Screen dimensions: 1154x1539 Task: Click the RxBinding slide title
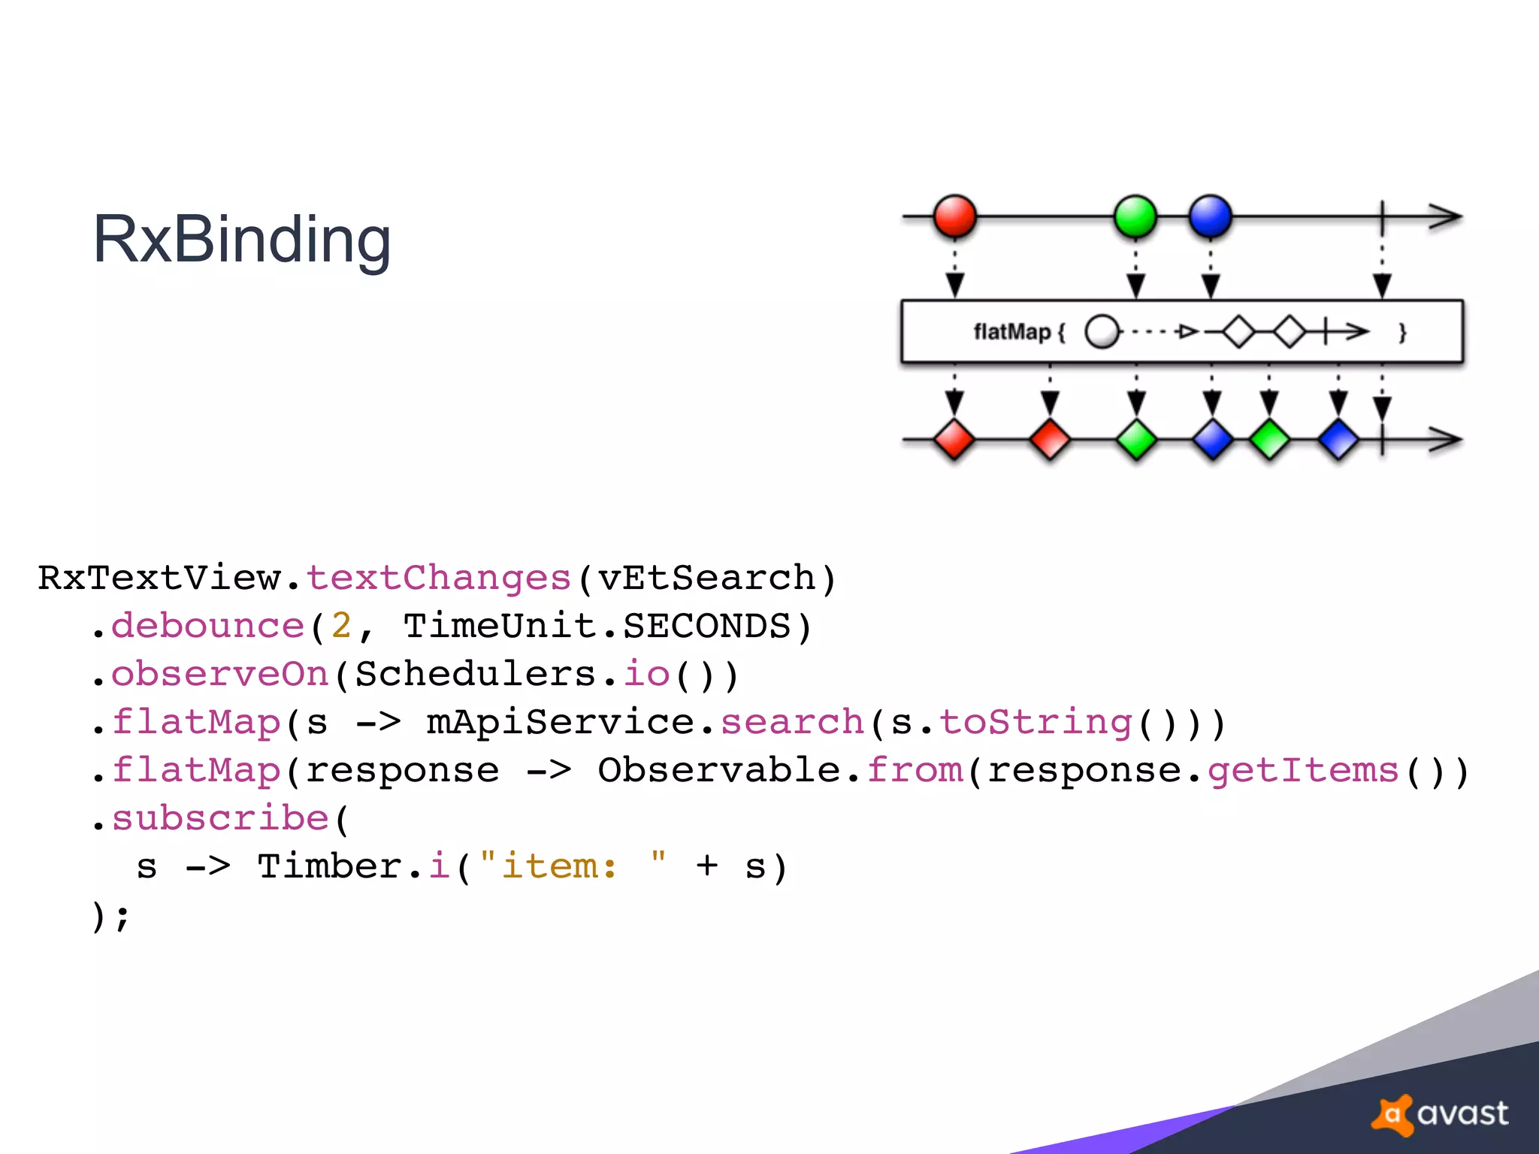coord(241,239)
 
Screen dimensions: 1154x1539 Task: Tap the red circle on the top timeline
coord(954,216)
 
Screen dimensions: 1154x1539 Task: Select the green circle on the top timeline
coord(1135,216)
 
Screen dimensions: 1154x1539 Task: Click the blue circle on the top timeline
coord(1210,216)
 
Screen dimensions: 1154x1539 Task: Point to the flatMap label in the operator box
coord(1012,331)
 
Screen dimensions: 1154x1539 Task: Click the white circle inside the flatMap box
coord(1102,331)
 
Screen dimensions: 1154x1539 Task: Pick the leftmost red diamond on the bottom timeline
coord(954,440)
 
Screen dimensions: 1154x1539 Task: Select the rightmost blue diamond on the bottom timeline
coord(1338,440)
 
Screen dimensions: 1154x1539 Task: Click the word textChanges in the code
coord(439,578)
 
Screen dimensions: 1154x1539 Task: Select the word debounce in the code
coord(207,626)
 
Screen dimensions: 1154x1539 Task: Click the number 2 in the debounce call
coord(341,626)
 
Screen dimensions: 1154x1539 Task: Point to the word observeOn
coord(220,674)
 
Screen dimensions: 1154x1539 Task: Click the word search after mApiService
coord(792,722)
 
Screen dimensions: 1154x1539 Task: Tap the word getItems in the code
coord(1303,770)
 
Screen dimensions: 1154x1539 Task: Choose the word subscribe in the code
coord(220,818)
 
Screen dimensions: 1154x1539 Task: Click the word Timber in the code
coord(330,866)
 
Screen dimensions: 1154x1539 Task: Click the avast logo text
coord(1462,1113)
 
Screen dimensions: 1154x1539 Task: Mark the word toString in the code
coord(1036,722)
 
